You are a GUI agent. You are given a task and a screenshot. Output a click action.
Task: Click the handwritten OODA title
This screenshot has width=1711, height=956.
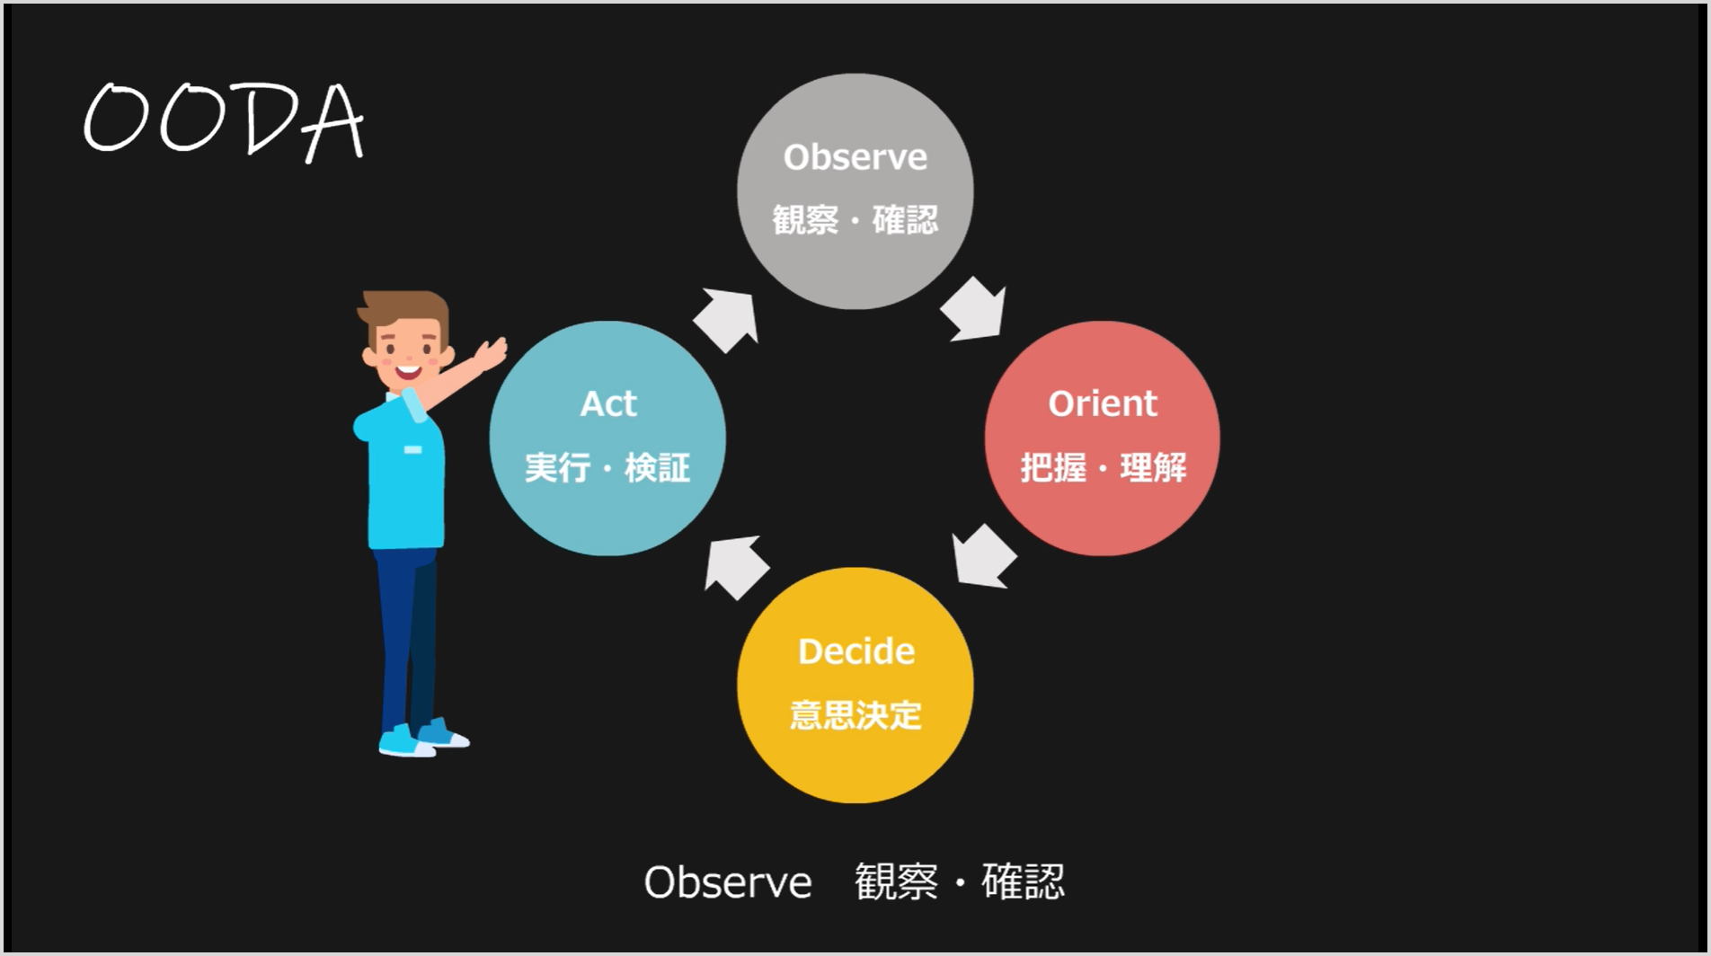(224, 121)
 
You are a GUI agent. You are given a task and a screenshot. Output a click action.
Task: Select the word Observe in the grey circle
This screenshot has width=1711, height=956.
(855, 157)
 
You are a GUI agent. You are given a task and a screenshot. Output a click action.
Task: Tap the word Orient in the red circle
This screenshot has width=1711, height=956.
(1103, 403)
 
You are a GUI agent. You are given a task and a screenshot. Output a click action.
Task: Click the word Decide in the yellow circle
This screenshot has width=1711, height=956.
(856, 651)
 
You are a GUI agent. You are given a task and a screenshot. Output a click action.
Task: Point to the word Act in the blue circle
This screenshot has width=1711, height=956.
(608, 404)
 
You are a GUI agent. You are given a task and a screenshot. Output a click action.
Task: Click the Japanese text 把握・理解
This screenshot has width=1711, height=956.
(1104, 467)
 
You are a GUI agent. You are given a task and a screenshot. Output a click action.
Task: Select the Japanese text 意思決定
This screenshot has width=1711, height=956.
(855, 715)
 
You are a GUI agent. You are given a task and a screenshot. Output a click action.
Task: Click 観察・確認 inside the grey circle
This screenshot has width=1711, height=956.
(855, 220)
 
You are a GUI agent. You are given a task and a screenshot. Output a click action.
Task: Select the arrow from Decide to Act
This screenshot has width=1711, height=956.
(737, 567)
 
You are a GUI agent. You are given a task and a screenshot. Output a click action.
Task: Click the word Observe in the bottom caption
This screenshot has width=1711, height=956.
(728, 882)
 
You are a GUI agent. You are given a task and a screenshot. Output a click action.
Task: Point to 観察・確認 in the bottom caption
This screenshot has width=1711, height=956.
(960, 881)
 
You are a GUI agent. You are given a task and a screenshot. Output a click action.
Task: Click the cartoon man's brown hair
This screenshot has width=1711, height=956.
(404, 310)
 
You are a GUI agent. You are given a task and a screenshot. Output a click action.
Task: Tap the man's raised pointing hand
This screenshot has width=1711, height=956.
(491, 353)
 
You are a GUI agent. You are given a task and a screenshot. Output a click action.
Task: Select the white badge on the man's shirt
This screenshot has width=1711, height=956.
(412, 449)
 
